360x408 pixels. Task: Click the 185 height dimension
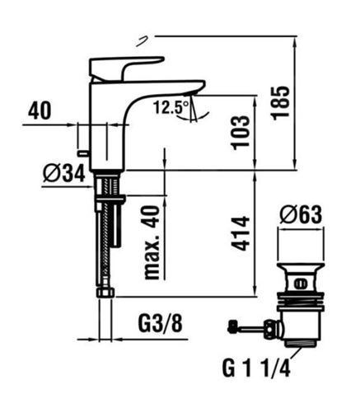click(281, 103)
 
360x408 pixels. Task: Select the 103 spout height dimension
click(241, 133)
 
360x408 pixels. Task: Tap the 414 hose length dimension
click(241, 233)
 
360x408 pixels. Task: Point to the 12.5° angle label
click(171, 107)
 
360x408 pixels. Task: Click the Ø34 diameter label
click(64, 174)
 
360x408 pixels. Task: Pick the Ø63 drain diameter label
click(301, 215)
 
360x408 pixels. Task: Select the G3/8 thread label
click(160, 324)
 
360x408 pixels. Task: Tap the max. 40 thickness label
click(152, 242)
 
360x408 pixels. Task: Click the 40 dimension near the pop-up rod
click(40, 110)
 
